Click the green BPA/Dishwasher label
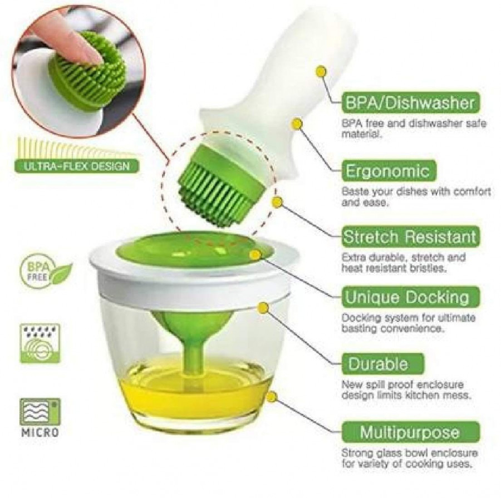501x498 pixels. point(410,103)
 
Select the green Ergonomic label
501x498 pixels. point(388,170)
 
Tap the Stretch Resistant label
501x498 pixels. point(410,236)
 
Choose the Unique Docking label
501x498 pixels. point(406,297)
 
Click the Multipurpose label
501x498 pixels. point(410,432)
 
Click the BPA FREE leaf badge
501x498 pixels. point(45,271)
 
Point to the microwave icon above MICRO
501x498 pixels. point(40,412)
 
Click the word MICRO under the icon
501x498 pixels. point(40,432)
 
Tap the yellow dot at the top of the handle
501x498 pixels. point(321,71)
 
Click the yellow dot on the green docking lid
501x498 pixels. point(256,255)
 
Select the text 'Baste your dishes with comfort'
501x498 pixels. point(416,192)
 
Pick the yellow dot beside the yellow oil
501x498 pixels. point(271,397)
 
